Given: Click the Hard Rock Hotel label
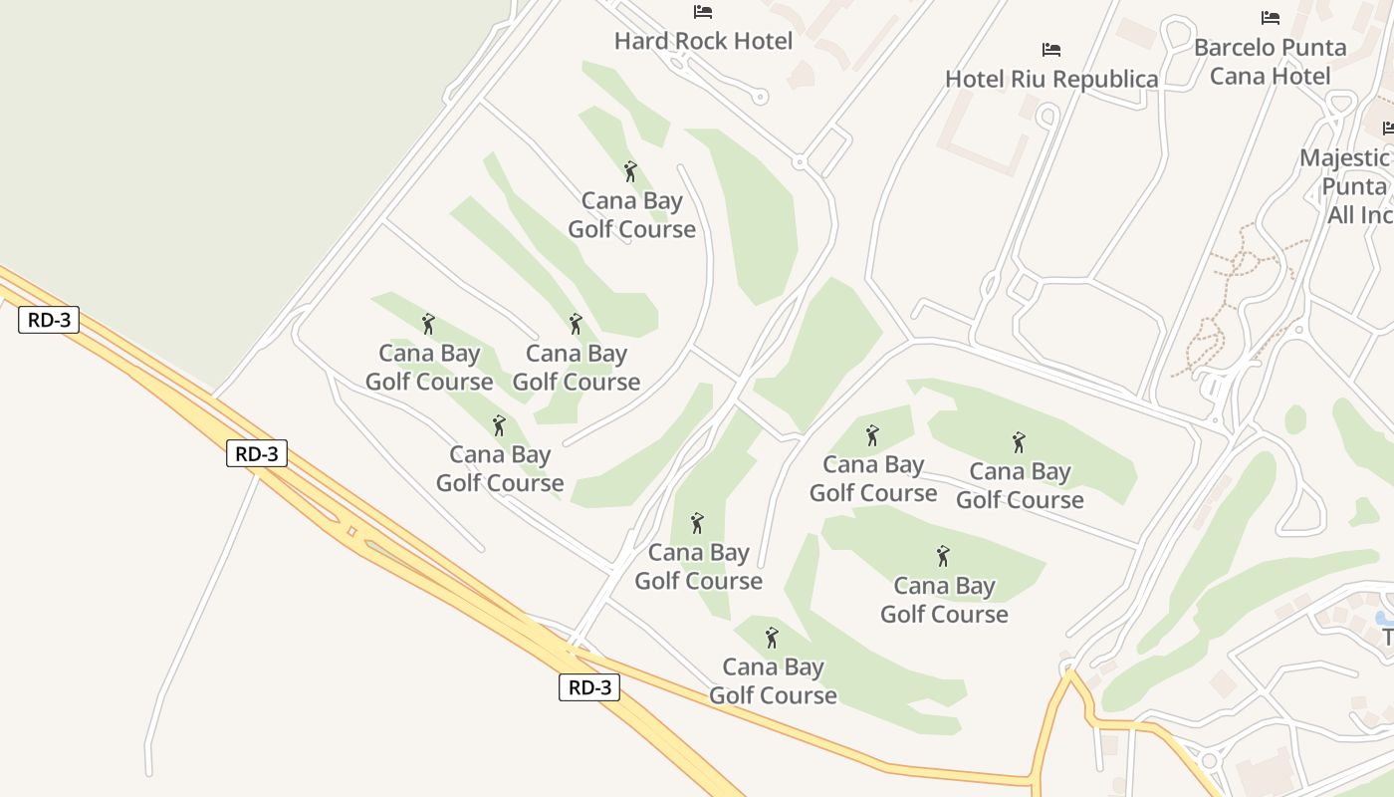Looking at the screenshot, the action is point(703,41).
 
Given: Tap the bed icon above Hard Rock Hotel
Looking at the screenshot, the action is point(703,12).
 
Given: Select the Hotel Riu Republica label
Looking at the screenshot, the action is point(1051,79).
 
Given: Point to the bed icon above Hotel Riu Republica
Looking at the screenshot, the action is point(1051,50).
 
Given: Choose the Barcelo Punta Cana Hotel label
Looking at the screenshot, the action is point(1270,61).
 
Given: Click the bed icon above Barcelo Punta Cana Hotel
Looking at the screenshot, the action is point(1270,18).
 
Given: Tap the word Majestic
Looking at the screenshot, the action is point(1344,158).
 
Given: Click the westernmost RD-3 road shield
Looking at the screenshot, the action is point(48,320).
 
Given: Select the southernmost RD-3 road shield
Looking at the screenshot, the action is point(588,686).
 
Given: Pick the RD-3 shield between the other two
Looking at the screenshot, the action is point(257,453).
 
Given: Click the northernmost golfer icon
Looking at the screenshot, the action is point(630,171).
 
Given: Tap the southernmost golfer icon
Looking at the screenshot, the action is point(772,638).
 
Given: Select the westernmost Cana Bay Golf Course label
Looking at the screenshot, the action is point(429,367).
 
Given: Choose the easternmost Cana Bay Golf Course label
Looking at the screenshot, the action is point(1020,485).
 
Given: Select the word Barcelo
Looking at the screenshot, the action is point(1236,47).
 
